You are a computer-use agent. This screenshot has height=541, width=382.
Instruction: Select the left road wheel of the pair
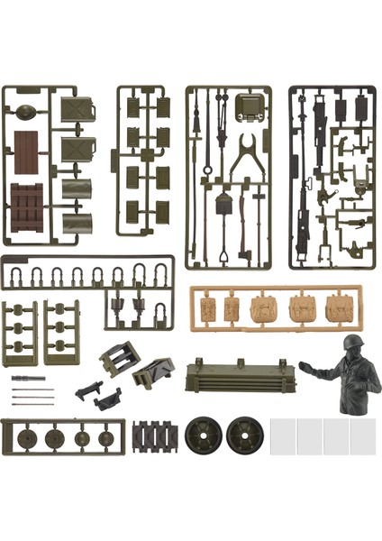(203, 436)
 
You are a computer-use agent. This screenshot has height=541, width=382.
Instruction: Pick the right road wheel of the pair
(243, 436)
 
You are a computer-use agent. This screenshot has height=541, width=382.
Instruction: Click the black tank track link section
(155, 437)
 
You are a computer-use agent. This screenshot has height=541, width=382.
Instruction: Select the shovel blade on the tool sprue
(223, 206)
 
